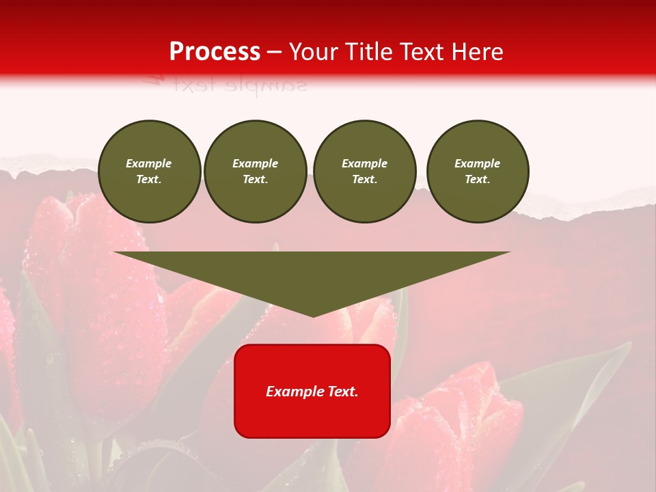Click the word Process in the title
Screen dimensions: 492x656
click(x=215, y=52)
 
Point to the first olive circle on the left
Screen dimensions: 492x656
click(x=149, y=172)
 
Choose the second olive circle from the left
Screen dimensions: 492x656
click(x=255, y=172)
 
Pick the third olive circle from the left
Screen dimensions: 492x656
click(x=364, y=172)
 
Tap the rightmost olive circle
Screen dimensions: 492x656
click(x=477, y=172)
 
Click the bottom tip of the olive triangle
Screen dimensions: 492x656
click(x=313, y=315)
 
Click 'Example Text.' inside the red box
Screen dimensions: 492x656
click(x=312, y=392)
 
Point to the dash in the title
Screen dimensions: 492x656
click(x=275, y=53)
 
